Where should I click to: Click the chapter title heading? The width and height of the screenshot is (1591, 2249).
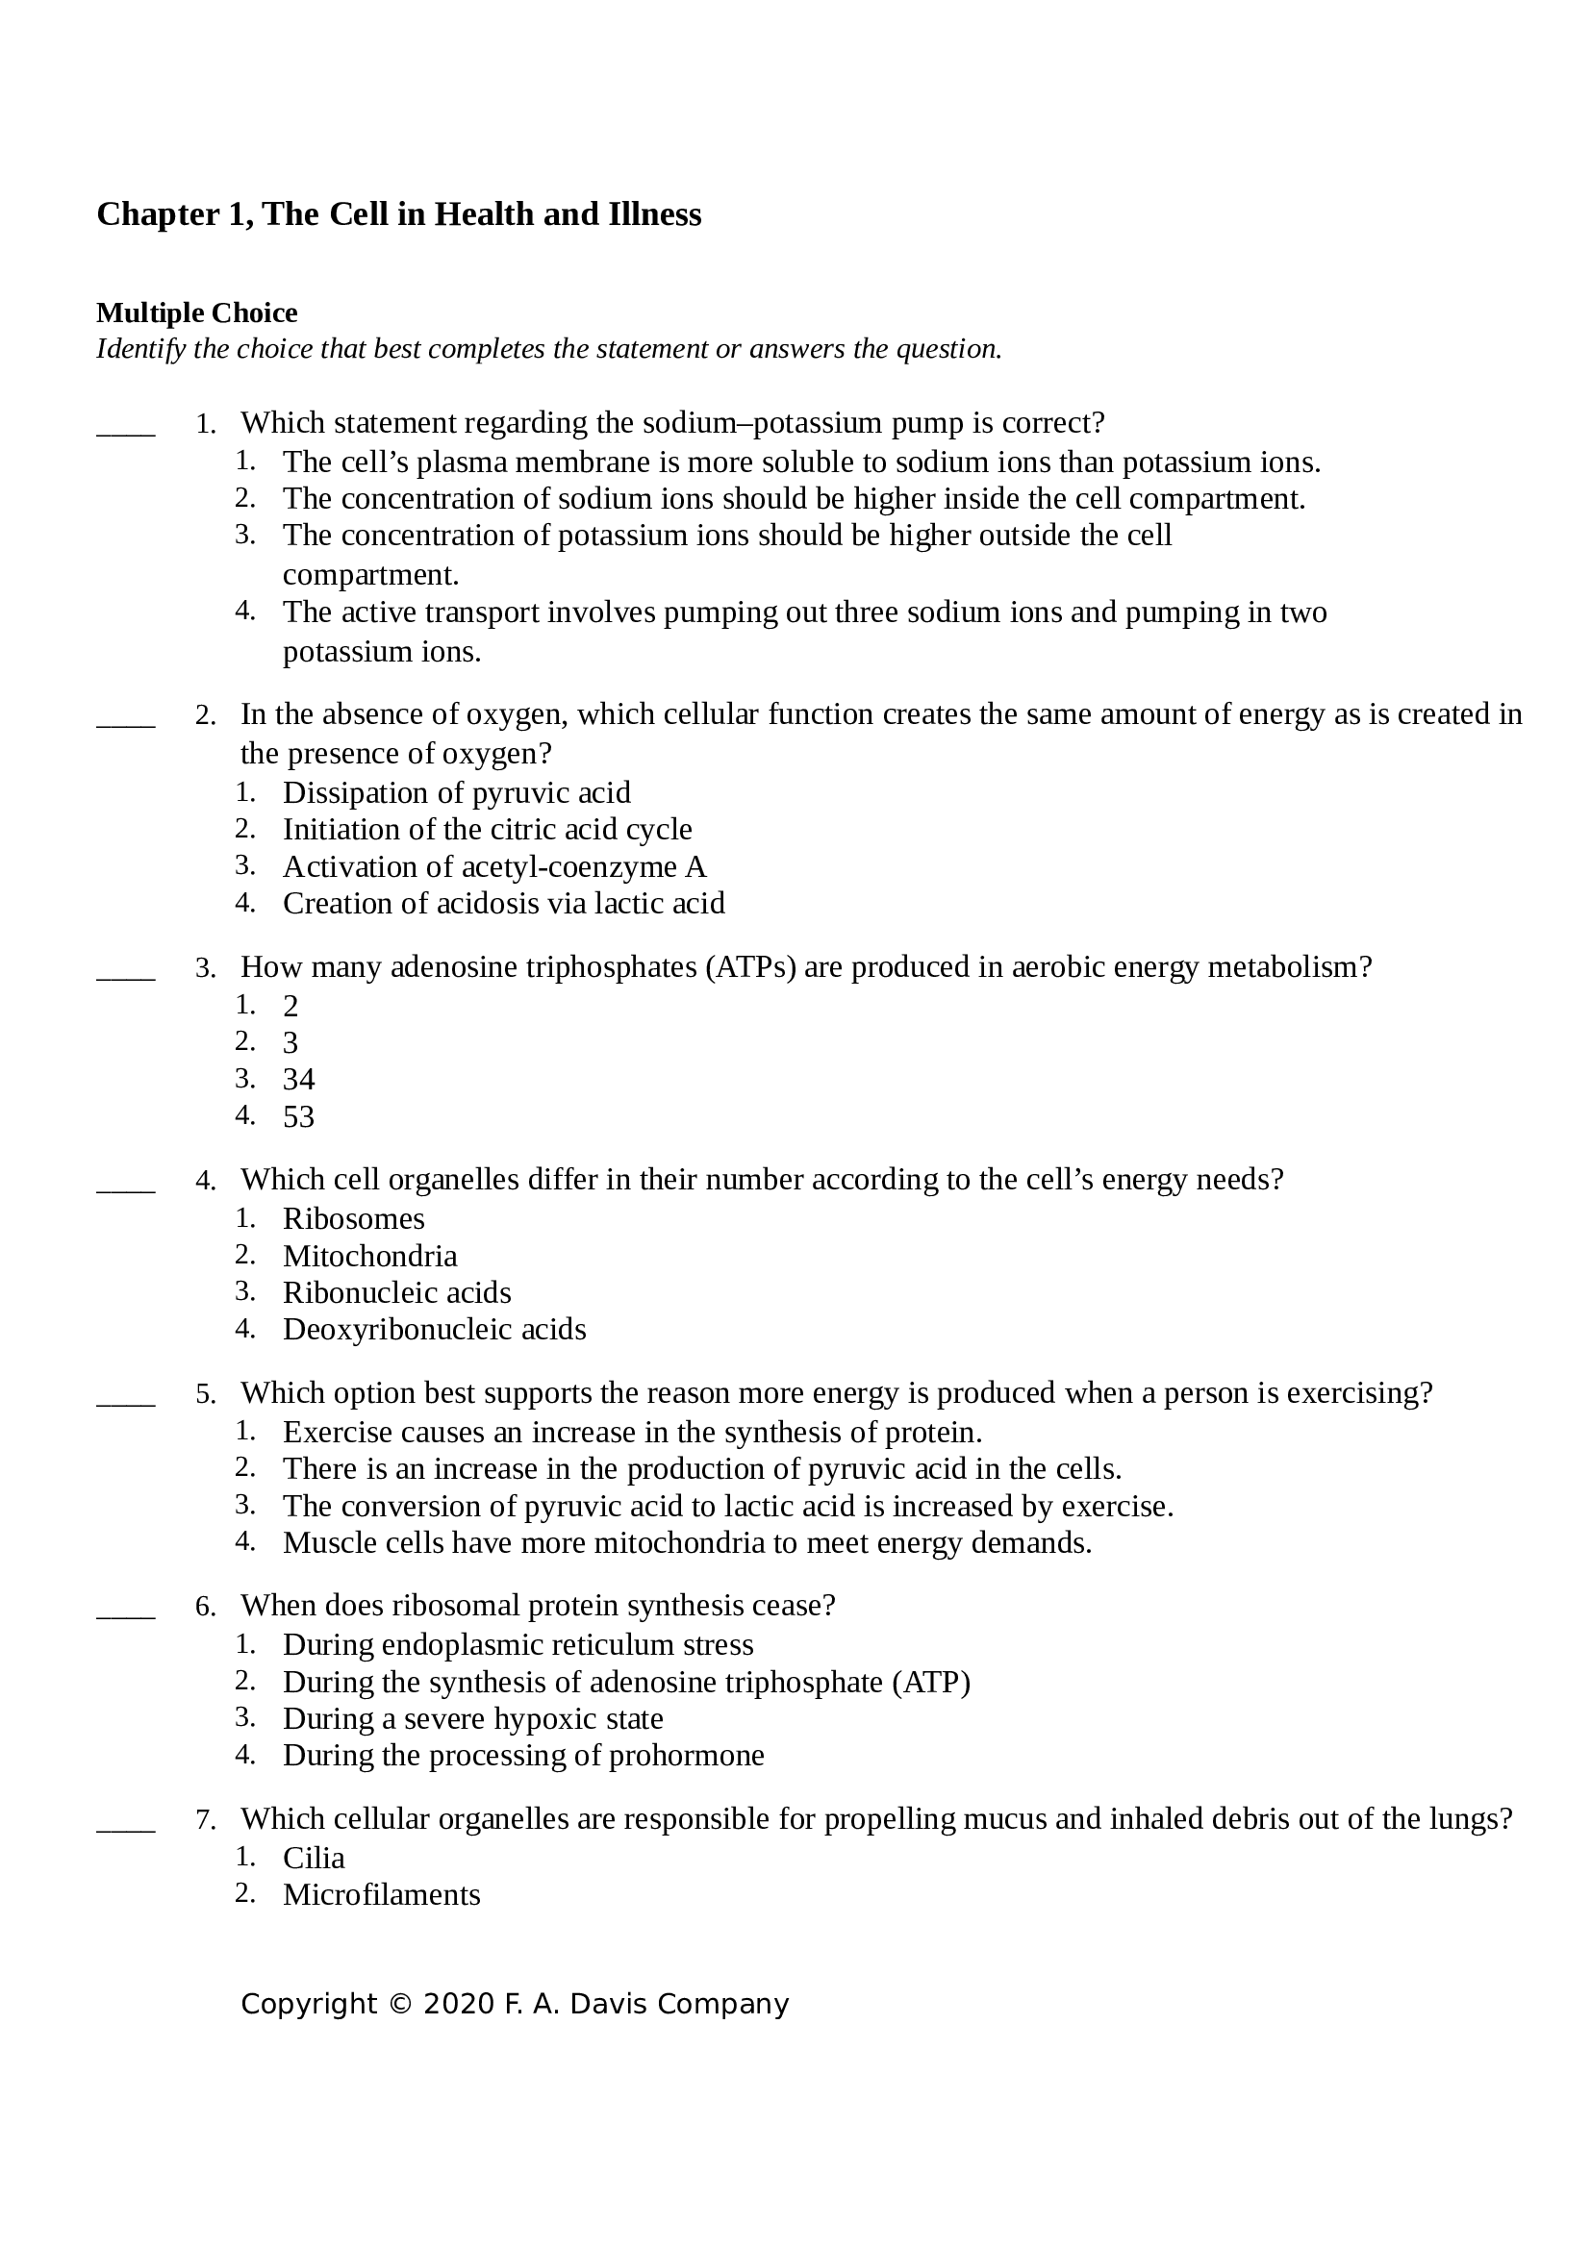pyautogui.click(x=399, y=214)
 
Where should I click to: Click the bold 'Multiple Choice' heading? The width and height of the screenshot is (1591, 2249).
pyautogui.click(x=197, y=313)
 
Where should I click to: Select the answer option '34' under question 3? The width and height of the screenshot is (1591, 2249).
pyautogui.click(x=299, y=1080)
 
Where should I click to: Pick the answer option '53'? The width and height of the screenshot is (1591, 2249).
pyautogui.click(x=299, y=1116)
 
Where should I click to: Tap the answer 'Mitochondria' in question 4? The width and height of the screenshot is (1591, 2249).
pyautogui.click(x=369, y=1256)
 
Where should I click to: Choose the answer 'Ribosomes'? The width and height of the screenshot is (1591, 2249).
pyautogui.click(x=354, y=1218)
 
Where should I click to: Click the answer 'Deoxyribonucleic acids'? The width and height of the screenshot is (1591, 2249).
pyautogui.click(x=434, y=1329)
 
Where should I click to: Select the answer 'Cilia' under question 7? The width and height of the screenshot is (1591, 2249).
pyautogui.click(x=314, y=1859)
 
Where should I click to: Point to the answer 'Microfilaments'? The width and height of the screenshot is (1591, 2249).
pyautogui.click(x=381, y=1894)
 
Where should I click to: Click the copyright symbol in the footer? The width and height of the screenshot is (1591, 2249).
pyautogui.click(x=400, y=2005)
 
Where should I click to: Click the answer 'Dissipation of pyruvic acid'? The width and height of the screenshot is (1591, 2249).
pyautogui.click(x=457, y=792)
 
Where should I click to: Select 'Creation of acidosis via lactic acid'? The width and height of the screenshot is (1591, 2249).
pyautogui.click(x=503, y=903)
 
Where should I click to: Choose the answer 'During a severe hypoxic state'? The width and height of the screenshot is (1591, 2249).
pyautogui.click(x=473, y=1719)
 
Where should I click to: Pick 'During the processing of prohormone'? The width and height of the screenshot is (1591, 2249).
pyautogui.click(x=523, y=1756)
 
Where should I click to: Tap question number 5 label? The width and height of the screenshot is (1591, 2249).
pyautogui.click(x=205, y=1395)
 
